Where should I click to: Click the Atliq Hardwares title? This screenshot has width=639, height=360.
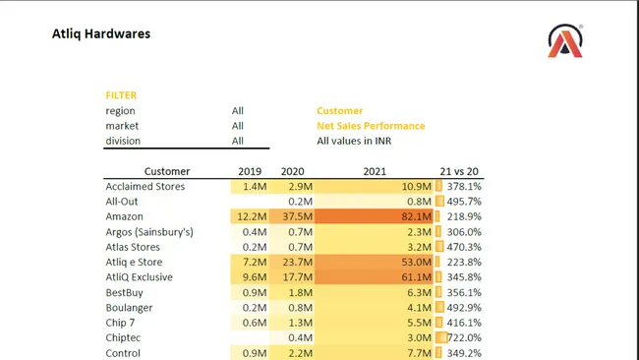coord(101,34)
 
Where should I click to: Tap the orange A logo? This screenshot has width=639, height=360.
coord(566,41)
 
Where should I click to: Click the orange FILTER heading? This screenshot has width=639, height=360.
coord(121,95)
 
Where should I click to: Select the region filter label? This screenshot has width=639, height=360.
coord(121,111)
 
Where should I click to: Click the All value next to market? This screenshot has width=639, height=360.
coord(238,126)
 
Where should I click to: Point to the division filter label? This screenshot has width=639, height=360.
coord(123,141)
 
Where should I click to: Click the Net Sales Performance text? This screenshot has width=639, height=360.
coord(371,126)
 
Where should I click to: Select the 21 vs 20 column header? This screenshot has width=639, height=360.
coord(460,171)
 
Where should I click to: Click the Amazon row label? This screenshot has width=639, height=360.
coord(125,216)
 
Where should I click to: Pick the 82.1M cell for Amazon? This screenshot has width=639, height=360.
coord(416,216)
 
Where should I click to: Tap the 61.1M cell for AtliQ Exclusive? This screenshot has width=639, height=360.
coord(416,277)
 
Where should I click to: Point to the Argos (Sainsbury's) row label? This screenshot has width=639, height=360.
coord(149,232)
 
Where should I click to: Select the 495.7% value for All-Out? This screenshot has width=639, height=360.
coord(463,202)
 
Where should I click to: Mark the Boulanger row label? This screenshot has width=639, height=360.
coord(130,308)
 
